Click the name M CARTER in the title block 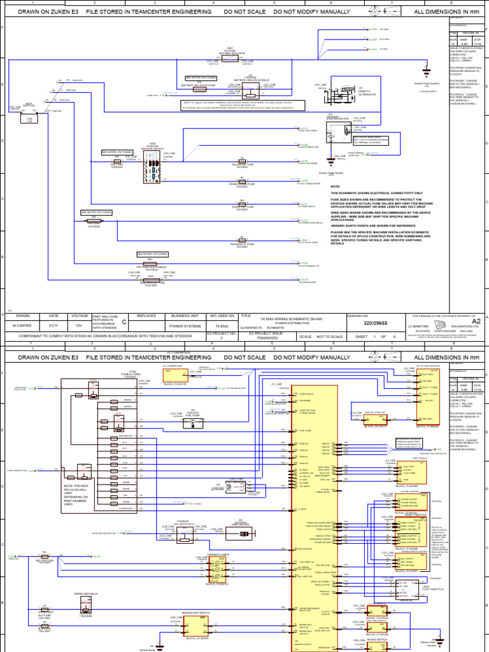pyautogui.click(x=23, y=325)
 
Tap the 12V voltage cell pyautogui.click(x=79, y=325)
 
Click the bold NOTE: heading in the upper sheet pyautogui.click(x=335, y=187)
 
